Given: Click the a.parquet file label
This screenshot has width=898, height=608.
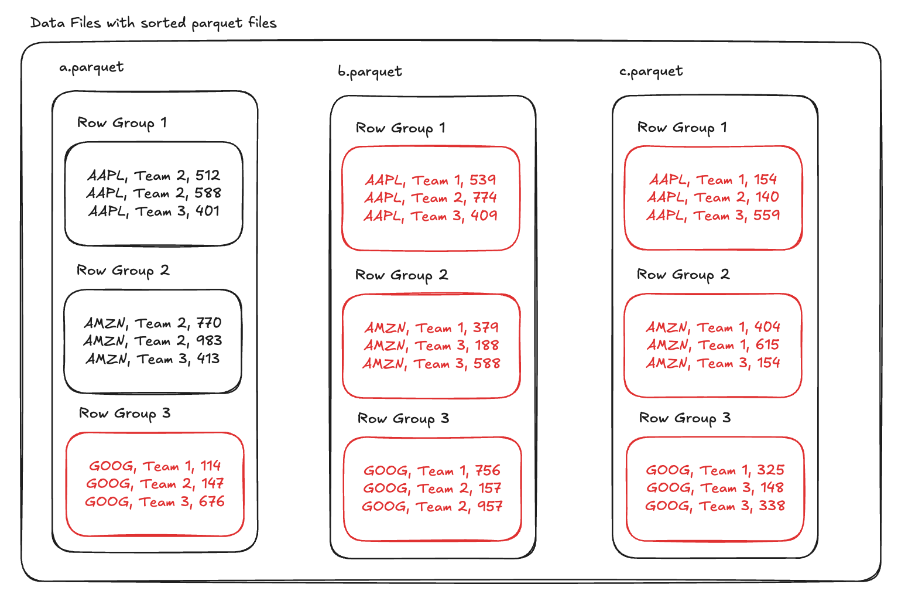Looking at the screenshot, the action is click(x=91, y=68).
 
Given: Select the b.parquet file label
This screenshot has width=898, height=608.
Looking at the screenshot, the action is click(x=369, y=72).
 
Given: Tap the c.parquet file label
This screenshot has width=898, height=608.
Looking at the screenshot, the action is click(x=651, y=72).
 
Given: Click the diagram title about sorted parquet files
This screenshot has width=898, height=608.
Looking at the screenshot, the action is click(x=153, y=23).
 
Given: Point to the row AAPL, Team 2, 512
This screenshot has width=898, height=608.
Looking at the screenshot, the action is click(x=153, y=176).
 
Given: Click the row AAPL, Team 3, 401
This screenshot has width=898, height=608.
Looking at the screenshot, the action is click(x=153, y=211).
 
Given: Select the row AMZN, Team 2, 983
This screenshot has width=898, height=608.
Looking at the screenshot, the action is click(x=153, y=341).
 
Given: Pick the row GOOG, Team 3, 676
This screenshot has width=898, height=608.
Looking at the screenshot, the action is click(x=155, y=502).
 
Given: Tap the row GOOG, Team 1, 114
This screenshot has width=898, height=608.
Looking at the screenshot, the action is click(x=155, y=466).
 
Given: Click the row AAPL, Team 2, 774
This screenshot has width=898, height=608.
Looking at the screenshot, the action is click(x=430, y=198).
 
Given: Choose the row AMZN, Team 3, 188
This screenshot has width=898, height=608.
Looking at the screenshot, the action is click(x=431, y=346).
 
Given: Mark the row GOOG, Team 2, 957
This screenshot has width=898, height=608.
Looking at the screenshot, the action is click(x=432, y=507).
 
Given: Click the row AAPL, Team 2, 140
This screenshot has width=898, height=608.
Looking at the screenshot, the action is click(x=713, y=197).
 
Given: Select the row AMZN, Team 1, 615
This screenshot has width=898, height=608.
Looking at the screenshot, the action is click(x=713, y=345).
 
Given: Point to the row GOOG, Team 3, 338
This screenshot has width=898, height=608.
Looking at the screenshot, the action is click(x=715, y=506).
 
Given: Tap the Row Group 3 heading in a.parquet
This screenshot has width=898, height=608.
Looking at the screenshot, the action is click(x=125, y=414).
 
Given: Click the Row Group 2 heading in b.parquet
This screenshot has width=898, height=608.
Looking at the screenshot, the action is click(x=402, y=275).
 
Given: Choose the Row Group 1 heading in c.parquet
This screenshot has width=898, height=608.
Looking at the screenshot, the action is click(x=682, y=128).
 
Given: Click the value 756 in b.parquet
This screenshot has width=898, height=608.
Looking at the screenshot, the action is click(x=488, y=470).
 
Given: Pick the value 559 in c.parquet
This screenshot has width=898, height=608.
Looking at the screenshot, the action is click(x=766, y=216).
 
